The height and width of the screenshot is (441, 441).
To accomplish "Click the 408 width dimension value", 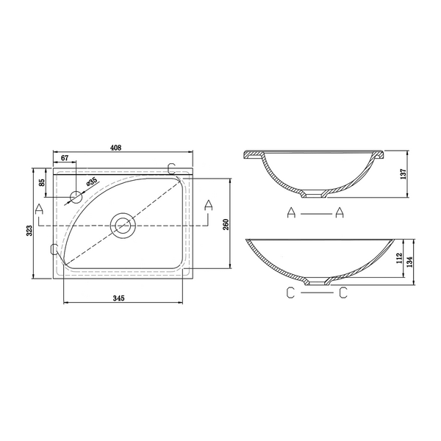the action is point(115,148).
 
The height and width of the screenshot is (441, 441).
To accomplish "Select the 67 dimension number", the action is point(65,158).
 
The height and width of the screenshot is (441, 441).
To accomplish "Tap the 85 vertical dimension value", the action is point(42,182).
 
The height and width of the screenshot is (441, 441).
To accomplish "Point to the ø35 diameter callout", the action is point(92,182).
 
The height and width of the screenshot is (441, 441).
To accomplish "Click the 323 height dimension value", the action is point(30,231).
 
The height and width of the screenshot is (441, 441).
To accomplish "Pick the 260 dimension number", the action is point(226,224).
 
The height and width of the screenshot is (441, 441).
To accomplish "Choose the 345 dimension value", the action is point(118,298).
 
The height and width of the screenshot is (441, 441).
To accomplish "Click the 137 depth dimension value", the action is point(404,174).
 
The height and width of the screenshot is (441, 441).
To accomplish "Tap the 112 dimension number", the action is point(399,259).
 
